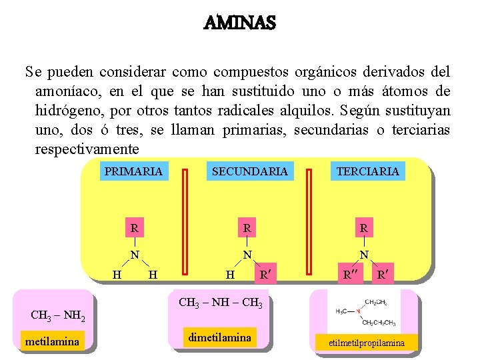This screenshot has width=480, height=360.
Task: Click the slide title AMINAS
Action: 239,24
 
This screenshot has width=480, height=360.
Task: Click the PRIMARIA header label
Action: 133,171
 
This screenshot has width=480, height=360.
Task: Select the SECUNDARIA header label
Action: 249,171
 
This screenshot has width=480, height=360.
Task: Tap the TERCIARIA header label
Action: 368,171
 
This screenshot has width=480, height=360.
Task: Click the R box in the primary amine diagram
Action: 135,229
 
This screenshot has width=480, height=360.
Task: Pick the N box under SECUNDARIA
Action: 247,254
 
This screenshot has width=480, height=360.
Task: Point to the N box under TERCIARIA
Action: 364,254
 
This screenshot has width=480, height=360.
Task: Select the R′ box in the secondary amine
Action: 265,273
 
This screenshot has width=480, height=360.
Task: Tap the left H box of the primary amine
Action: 117,273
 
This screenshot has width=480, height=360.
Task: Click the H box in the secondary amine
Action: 230,273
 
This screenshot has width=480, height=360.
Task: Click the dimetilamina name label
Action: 220,337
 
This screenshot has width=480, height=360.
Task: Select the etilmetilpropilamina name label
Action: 366,343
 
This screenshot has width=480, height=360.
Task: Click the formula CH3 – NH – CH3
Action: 221,303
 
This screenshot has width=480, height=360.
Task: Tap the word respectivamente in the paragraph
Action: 87,148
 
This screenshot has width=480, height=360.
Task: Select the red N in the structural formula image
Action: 358,311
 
